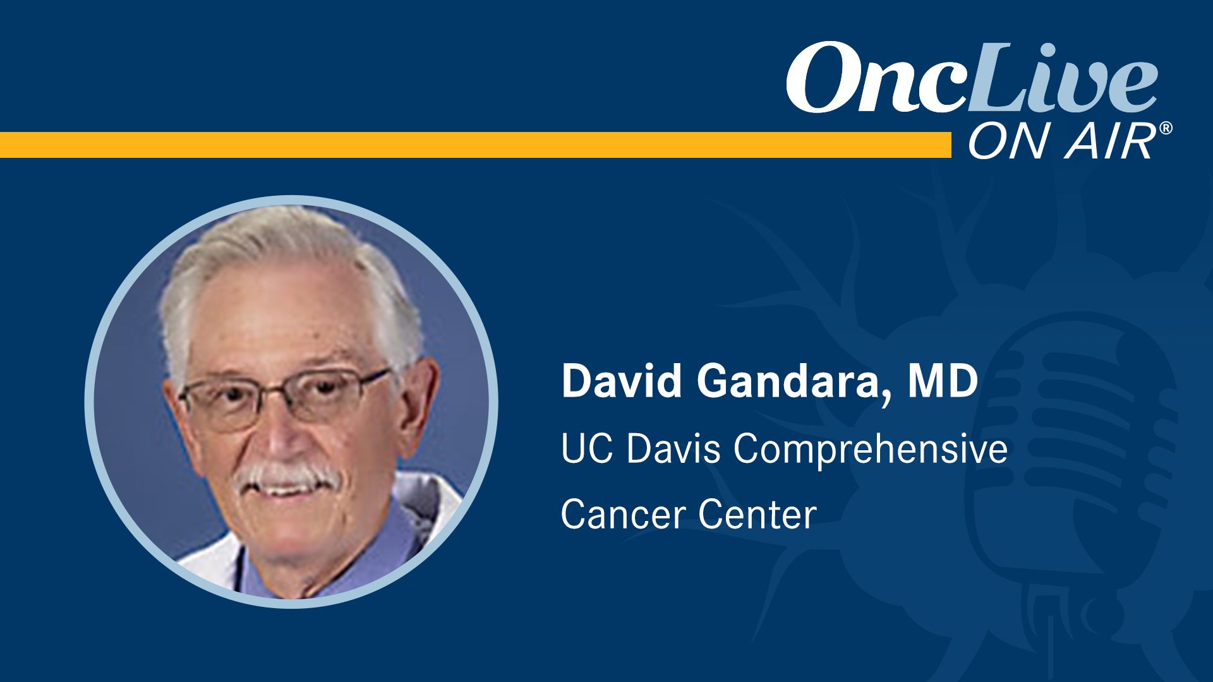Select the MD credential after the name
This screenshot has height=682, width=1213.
[x=943, y=381]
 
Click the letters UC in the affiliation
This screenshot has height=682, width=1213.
[x=586, y=449]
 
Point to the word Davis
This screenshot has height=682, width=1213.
[x=673, y=449]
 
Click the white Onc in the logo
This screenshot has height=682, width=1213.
[x=875, y=78]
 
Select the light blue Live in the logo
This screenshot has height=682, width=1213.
[x=1061, y=76]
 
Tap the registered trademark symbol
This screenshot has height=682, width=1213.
[x=1166, y=128]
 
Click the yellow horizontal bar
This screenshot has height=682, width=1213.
[x=475, y=145]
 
